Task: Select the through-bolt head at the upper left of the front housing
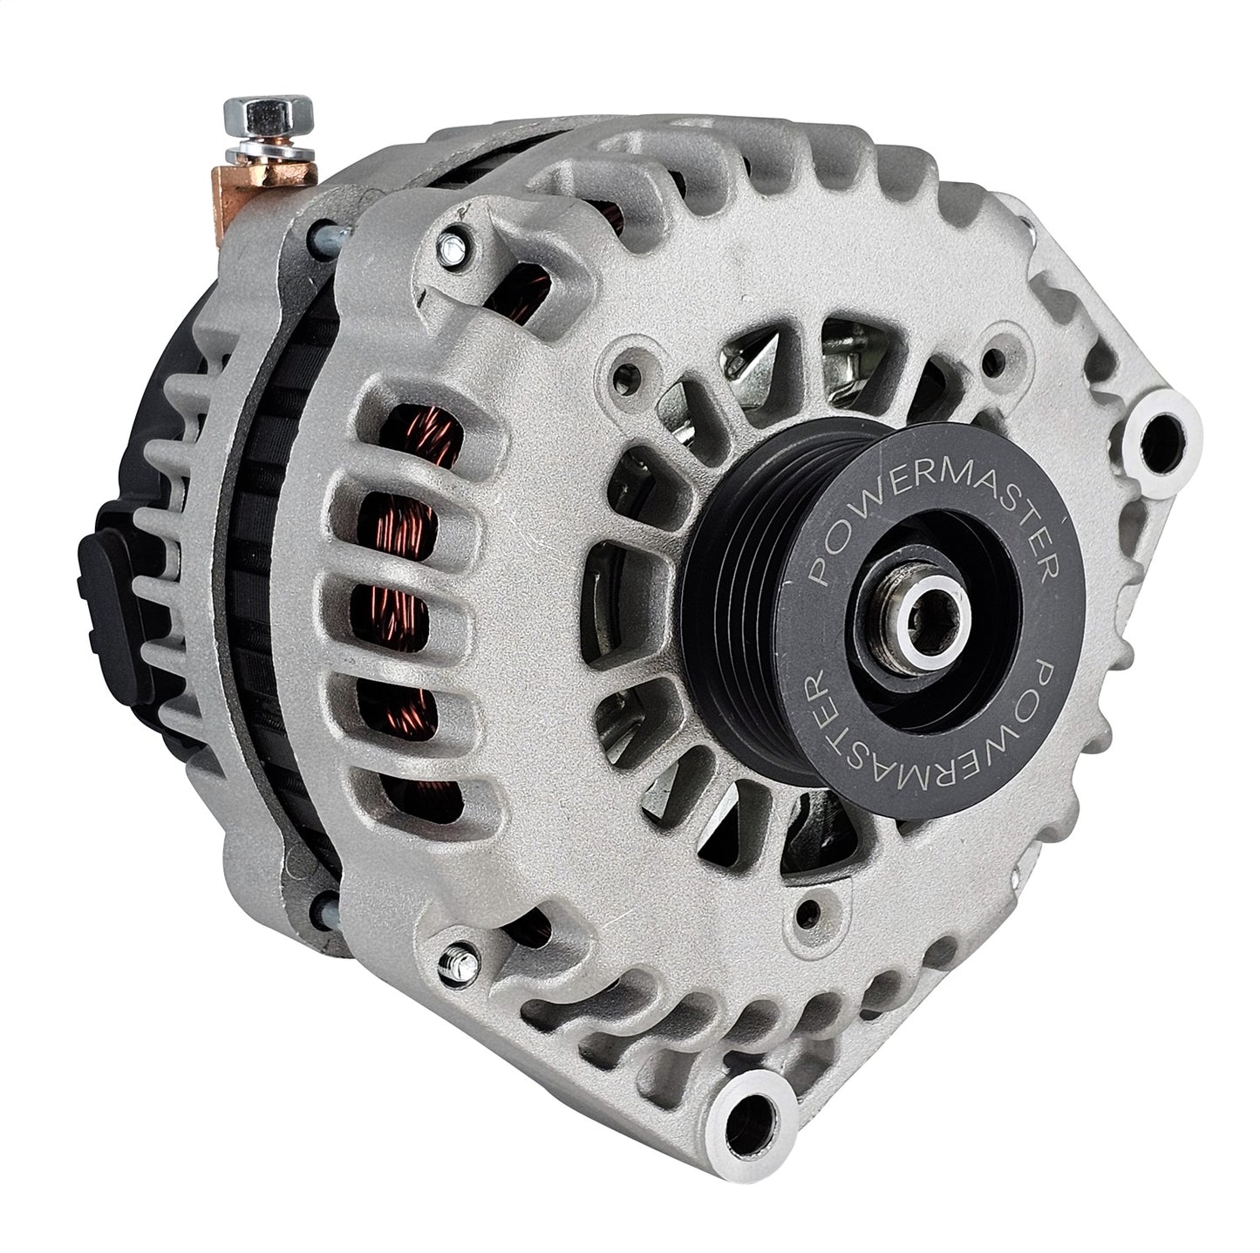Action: (453, 248)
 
